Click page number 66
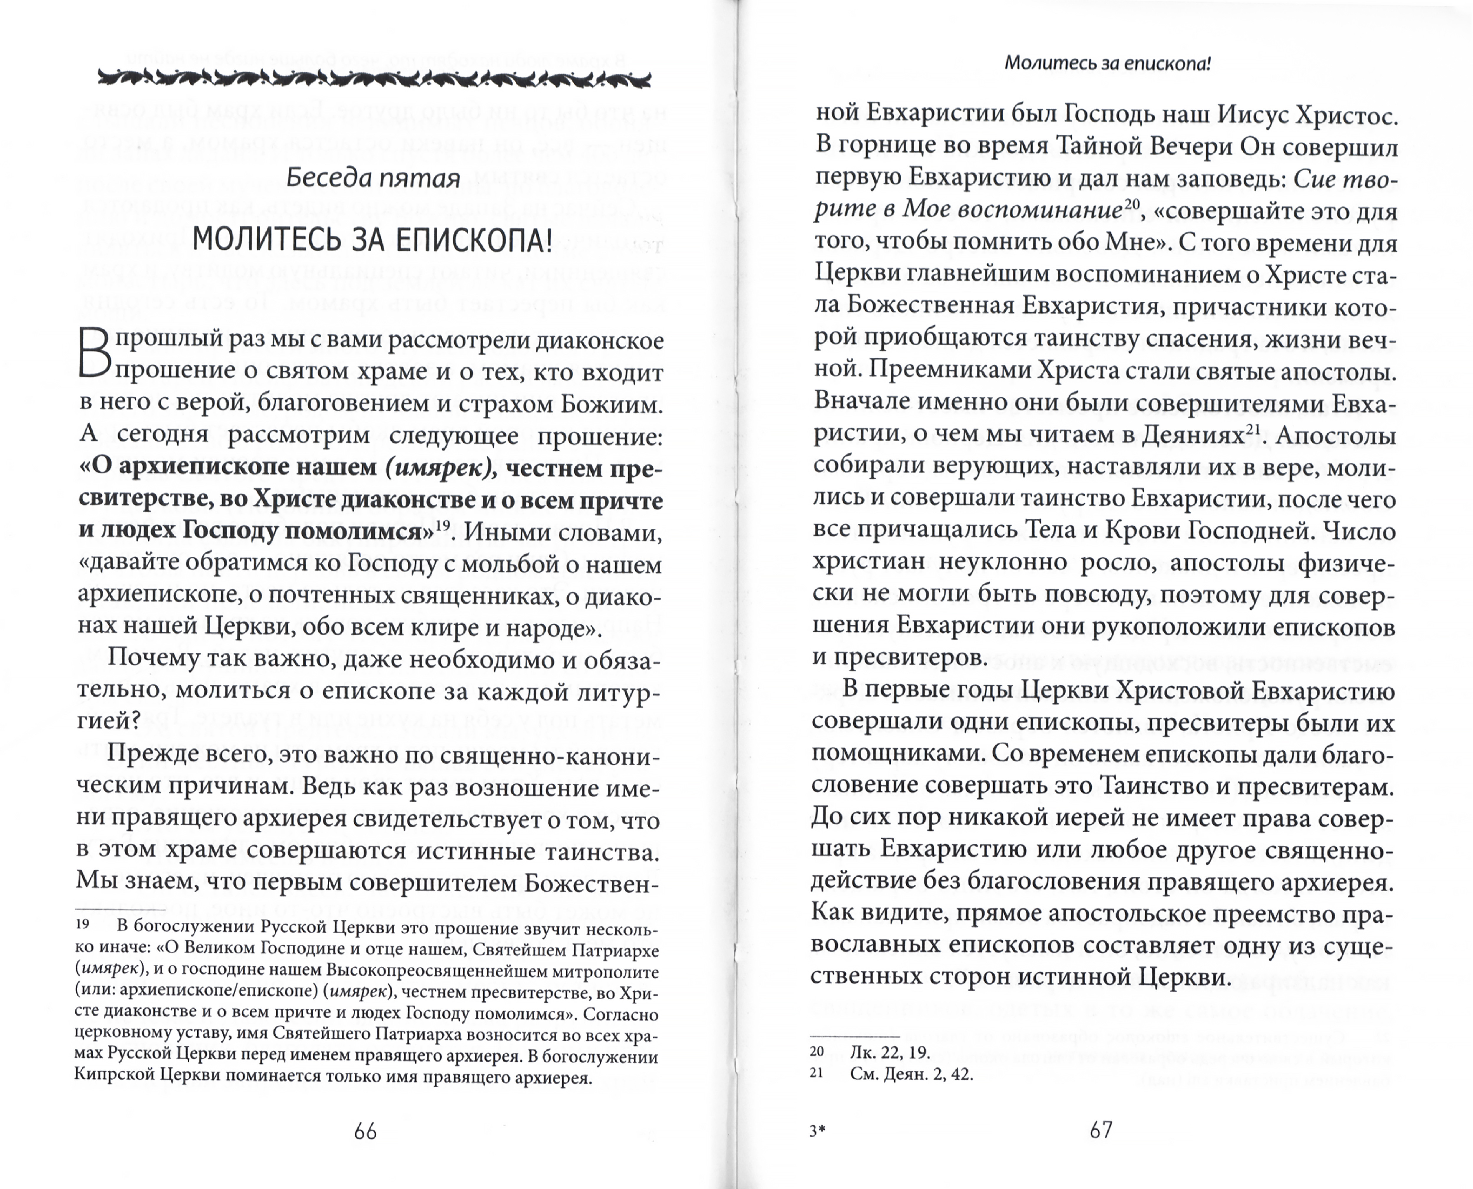tap(366, 1132)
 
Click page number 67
tap(1101, 1130)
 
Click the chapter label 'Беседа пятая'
tap(372, 179)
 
